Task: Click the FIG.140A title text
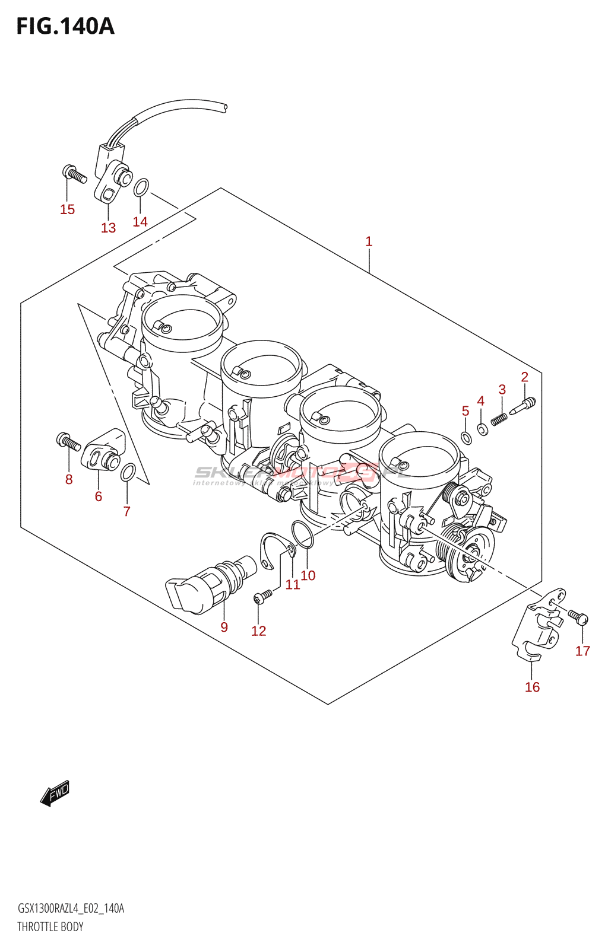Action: click(x=65, y=27)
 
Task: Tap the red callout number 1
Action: click(x=369, y=241)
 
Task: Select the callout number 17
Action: click(x=582, y=651)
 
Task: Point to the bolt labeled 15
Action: click(x=74, y=174)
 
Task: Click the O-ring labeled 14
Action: click(x=141, y=187)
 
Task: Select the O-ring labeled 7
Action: click(x=128, y=473)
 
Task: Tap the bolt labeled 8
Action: click(x=68, y=442)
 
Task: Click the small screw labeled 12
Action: click(x=262, y=595)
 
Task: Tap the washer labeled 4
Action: click(x=483, y=429)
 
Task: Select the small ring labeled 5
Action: click(x=467, y=438)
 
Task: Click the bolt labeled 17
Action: click(x=578, y=617)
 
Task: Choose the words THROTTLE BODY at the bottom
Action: click(x=50, y=926)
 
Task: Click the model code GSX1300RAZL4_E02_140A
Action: click(x=71, y=908)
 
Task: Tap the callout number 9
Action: click(x=224, y=627)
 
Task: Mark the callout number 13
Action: click(x=108, y=228)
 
